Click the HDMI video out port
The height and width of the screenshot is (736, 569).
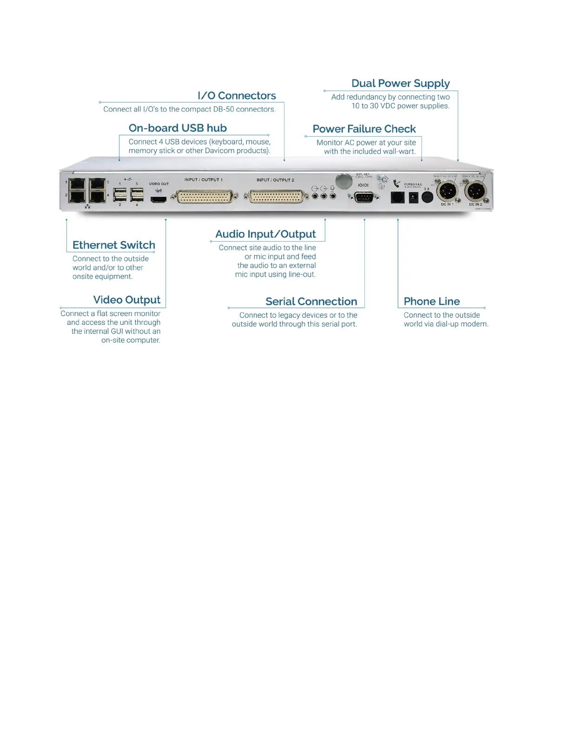pos(159,199)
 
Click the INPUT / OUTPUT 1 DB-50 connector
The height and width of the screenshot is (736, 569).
pos(205,197)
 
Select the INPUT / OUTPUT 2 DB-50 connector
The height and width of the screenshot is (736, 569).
pos(277,197)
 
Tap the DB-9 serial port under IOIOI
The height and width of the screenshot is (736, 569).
pos(363,198)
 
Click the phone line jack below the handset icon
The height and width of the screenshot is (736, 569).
pos(397,197)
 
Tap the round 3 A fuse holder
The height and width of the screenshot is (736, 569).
pos(427,197)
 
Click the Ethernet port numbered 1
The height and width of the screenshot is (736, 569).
pos(77,184)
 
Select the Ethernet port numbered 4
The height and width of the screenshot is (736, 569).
pos(97,197)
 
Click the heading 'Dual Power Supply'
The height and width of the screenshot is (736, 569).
pos(400,84)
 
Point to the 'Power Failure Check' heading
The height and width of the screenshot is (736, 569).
pos(364,129)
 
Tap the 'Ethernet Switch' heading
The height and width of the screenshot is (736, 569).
pos(114,245)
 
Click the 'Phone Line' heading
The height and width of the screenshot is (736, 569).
pos(431,302)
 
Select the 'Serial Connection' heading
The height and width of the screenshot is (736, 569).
pos(311,302)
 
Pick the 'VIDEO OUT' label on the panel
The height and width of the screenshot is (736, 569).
pos(159,184)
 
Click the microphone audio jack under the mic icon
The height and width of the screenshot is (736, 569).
pos(332,197)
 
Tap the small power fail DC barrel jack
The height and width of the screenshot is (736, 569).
pos(412,198)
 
